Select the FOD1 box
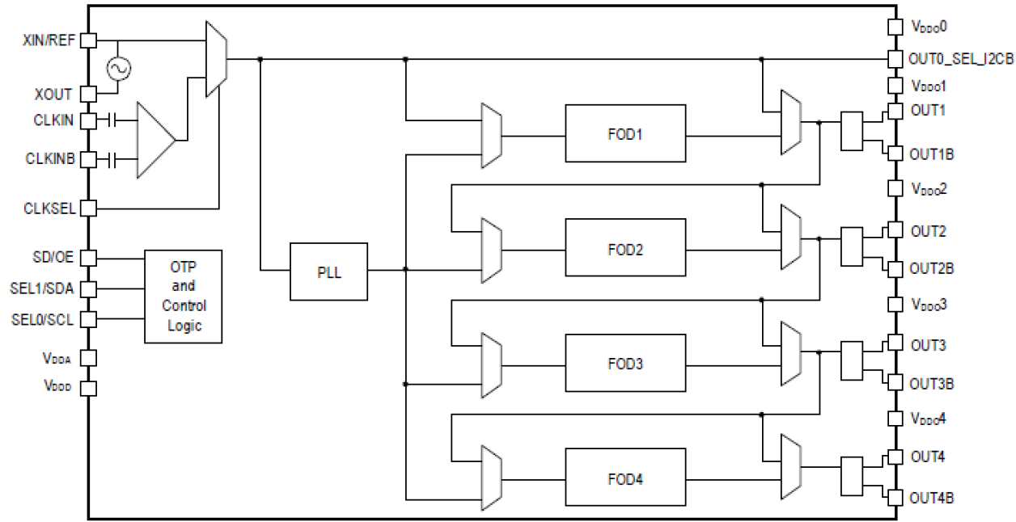(x=625, y=133)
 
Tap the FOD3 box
(x=625, y=363)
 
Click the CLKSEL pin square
(x=88, y=208)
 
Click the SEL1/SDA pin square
(x=88, y=288)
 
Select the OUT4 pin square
(x=895, y=457)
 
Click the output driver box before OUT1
(x=853, y=130)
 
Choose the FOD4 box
(x=625, y=478)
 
